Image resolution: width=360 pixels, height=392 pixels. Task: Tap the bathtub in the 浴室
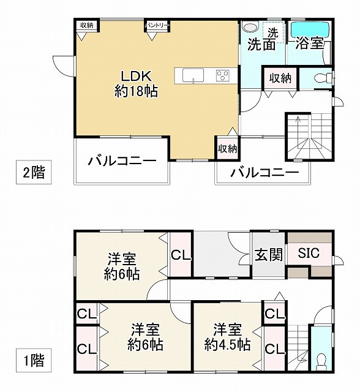[x=310, y=29]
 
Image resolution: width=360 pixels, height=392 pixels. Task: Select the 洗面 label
[x=261, y=45]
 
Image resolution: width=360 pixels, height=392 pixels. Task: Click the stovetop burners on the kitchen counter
[x=222, y=75]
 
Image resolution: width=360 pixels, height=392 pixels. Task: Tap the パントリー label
[x=157, y=25]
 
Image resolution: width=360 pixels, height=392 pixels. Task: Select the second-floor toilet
[x=321, y=78]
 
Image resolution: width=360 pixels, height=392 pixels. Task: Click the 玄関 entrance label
[x=268, y=254]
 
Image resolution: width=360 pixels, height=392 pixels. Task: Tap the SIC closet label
[x=309, y=254]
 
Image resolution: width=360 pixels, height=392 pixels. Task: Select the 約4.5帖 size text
[x=227, y=344]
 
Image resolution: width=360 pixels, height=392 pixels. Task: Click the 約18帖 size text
[x=137, y=92]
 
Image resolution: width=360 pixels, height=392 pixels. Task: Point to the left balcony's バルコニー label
[x=121, y=162]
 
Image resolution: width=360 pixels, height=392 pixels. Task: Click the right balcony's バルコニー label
[x=264, y=173]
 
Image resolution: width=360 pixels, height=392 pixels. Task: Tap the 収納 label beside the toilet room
[x=280, y=78]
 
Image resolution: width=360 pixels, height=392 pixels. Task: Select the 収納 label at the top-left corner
[x=86, y=25]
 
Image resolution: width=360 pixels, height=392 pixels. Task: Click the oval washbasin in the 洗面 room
[x=249, y=28]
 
